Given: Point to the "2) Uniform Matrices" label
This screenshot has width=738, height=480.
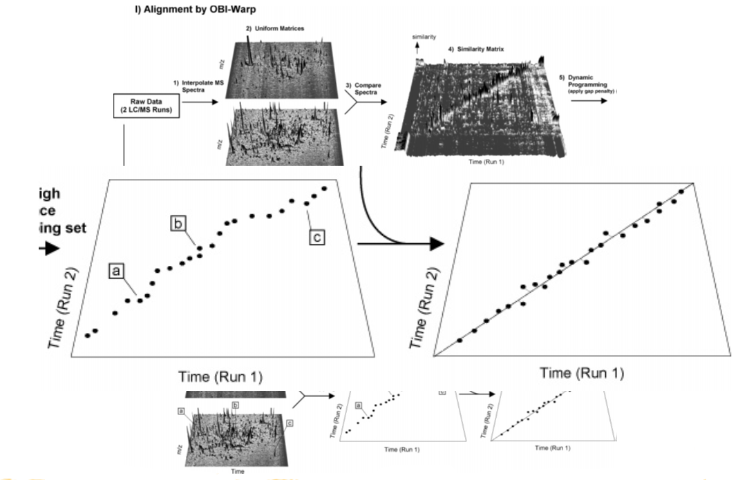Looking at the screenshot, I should (275, 28).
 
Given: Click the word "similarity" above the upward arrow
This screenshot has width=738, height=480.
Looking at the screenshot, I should (424, 37).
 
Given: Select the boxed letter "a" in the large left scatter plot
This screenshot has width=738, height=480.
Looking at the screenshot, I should (116, 271).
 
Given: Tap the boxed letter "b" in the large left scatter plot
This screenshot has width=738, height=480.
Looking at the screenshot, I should (179, 223).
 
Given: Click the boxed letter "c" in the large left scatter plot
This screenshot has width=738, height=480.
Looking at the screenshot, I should (316, 237).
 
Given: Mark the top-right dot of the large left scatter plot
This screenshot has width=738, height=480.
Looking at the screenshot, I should (324, 188).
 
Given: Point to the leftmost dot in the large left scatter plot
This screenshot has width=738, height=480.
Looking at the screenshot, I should (87, 336).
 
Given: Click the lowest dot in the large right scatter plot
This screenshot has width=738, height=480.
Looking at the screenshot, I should (460, 340).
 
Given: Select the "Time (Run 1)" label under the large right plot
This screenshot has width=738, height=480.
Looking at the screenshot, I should (582, 373).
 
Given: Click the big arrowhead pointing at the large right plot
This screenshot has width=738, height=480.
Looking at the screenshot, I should (435, 244).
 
